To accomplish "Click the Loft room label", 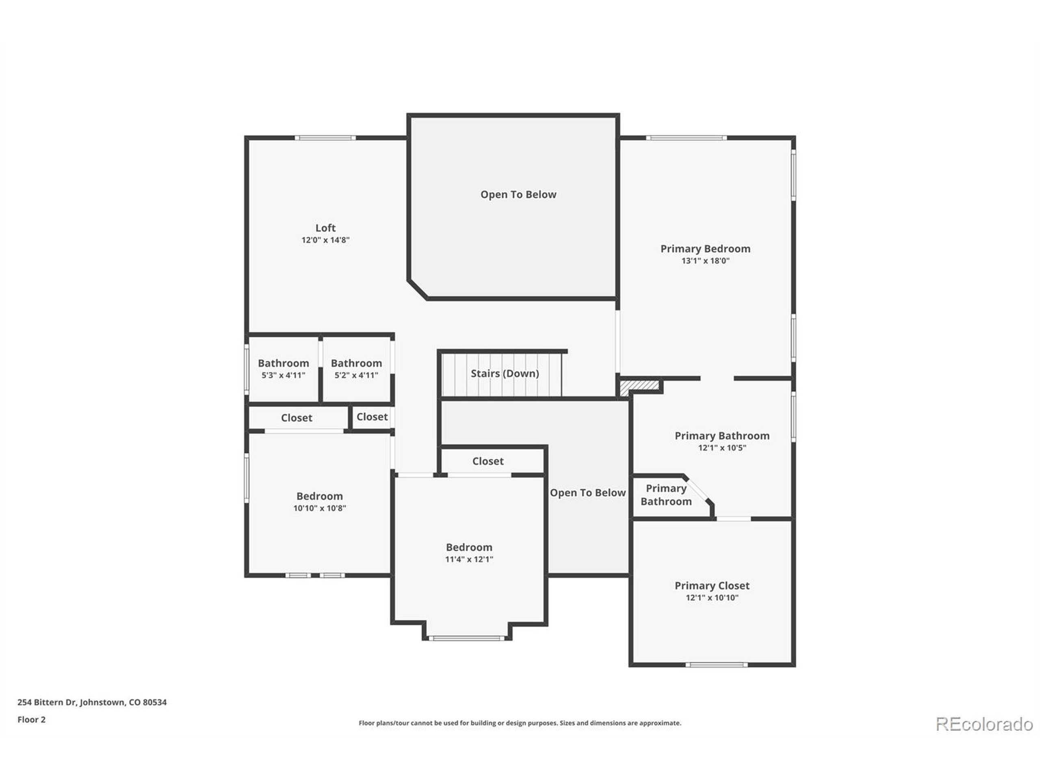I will point(325,228).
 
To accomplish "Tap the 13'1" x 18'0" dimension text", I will point(705,261).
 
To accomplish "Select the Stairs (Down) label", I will point(505,373).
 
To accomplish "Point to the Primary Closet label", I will point(712,586).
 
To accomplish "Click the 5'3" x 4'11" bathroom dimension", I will point(283,375).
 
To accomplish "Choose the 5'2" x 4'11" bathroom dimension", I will point(356,375).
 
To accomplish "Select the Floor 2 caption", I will point(32,719).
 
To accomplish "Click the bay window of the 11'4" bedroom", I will point(466,638).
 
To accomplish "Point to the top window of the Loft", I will point(325,138).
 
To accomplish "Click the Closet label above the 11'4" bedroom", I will point(487,461).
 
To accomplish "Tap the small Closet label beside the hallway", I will point(372,417).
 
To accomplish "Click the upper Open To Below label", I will point(518,195).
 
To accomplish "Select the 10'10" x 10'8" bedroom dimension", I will point(319,508).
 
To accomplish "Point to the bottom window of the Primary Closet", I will point(716,665).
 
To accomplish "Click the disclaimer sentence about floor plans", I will point(520,723).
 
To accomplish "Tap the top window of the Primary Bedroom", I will point(686,138).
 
